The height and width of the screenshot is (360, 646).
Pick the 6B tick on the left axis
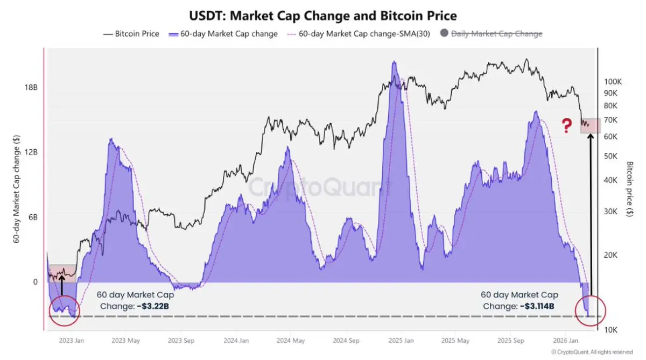click(x=32, y=217)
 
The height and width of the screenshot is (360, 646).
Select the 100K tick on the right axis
click(x=613, y=82)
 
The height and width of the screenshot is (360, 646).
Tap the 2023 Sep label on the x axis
click(x=181, y=341)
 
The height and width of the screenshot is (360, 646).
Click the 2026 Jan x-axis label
click(x=566, y=341)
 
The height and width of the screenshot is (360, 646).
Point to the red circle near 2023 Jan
click(x=64, y=310)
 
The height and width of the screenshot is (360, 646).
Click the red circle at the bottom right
click(x=591, y=310)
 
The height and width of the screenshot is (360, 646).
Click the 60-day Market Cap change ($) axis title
click(x=16, y=188)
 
